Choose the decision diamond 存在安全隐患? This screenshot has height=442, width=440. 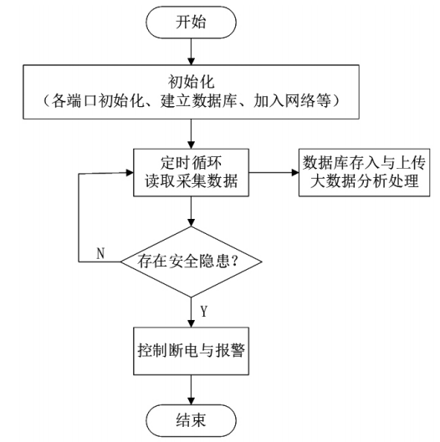pos(194,261)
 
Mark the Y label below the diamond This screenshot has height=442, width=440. pos(205,312)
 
